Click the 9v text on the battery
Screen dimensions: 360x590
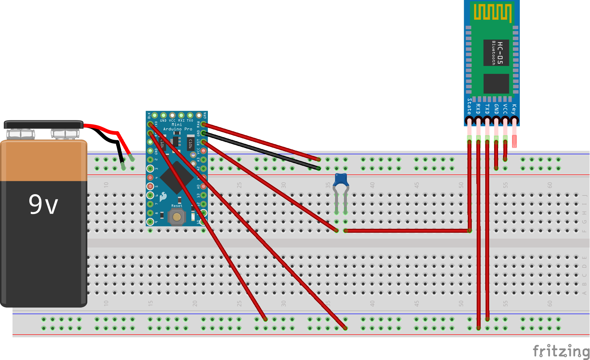click(43, 204)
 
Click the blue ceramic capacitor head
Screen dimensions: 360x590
click(341, 180)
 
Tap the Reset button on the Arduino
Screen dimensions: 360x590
click(177, 217)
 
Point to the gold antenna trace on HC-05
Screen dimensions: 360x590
click(492, 13)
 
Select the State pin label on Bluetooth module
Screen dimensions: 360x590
click(469, 106)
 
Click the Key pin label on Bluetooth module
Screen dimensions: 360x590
click(514, 109)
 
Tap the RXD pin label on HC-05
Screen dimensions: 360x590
click(478, 108)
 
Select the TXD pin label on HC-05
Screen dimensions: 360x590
click(487, 108)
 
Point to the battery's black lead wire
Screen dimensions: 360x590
click(109, 138)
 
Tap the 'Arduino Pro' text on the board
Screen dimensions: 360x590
click(178, 129)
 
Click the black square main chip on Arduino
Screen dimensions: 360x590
click(177, 177)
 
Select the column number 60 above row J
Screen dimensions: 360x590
click(549, 185)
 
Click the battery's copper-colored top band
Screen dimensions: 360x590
click(44, 161)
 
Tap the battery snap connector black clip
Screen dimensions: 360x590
click(43, 125)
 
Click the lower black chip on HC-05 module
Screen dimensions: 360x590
click(496, 84)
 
